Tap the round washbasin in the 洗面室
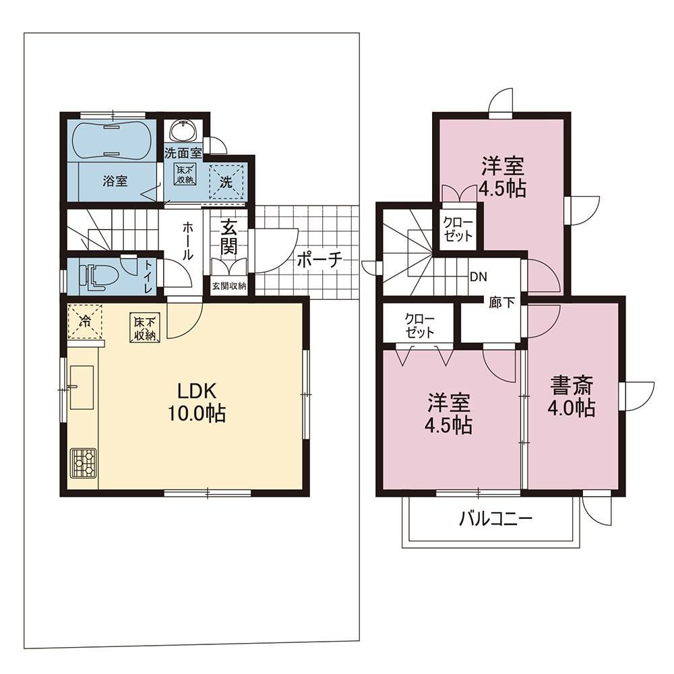point(183,129)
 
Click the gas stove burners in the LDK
point(84,463)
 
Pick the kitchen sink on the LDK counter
point(82,388)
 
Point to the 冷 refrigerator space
point(85,321)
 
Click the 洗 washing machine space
point(226,182)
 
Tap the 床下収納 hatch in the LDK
point(145,328)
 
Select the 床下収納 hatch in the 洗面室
point(185,174)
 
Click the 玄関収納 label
point(228,286)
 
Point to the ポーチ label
point(319,259)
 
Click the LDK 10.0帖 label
point(197,402)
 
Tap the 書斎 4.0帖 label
point(572,396)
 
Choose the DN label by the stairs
point(479,277)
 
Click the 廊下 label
point(501,303)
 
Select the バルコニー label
point(495,519)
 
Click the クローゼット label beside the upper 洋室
point(458,229)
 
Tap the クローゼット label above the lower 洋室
point(419,326)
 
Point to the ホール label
point(188,241)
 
